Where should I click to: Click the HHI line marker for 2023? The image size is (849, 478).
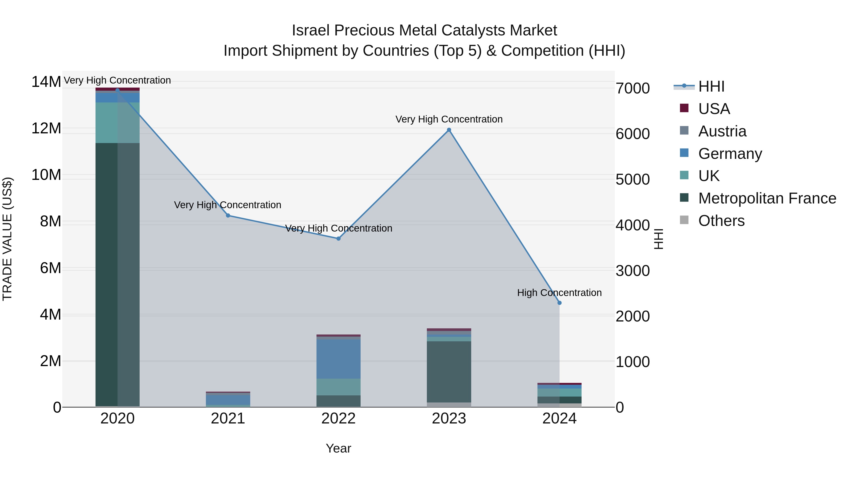[449, 130]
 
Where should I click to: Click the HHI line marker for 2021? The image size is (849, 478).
[228, 216]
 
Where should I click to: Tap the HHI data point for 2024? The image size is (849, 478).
[559, 303]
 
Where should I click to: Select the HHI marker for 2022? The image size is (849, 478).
[338, 238]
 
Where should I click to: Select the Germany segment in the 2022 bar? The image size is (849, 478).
[338, 359]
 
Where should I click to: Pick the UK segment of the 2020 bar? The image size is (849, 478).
[117, 123]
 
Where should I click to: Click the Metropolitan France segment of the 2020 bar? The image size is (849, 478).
[117, 274]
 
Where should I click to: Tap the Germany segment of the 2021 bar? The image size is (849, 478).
[228, 399]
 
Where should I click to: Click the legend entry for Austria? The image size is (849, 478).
[722, 131]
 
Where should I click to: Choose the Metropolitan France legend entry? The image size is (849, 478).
[767, 198]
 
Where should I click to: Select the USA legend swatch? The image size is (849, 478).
[684, 108]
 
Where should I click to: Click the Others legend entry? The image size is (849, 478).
[721, 221]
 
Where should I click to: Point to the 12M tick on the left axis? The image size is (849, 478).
[46, 128]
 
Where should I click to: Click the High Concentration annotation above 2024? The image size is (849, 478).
[559, 293]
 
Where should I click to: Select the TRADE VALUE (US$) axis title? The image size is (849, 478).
[7, 239]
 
